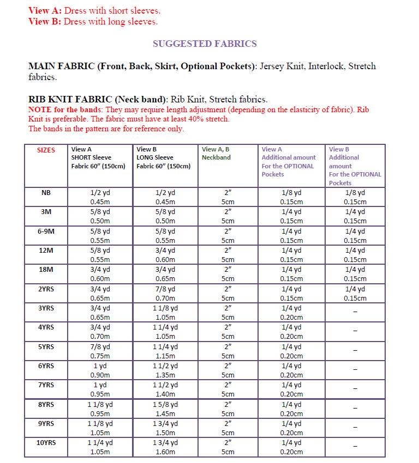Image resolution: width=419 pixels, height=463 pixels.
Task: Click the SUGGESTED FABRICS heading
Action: [204, 44]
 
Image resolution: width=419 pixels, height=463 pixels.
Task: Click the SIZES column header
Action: [46, 150]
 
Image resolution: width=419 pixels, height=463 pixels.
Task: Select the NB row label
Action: [46, 193]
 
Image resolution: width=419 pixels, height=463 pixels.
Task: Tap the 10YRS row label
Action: [46, 443]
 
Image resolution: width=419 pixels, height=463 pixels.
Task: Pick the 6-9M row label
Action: [46, 231]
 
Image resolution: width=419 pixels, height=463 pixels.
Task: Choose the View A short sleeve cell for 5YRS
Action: [100, 351]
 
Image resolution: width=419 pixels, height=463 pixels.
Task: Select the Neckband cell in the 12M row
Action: [228, 255]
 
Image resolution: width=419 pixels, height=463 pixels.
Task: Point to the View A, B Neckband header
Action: [216, 153]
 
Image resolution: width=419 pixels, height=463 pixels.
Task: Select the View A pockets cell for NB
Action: [291, 197]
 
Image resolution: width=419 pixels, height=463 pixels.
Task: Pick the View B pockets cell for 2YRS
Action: [355, 294]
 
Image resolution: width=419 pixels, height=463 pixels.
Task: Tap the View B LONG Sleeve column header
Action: [163, 157]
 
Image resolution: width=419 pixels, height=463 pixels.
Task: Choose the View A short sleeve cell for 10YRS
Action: [100, 447]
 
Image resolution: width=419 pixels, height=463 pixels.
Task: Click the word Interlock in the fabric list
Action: [326, 66]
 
